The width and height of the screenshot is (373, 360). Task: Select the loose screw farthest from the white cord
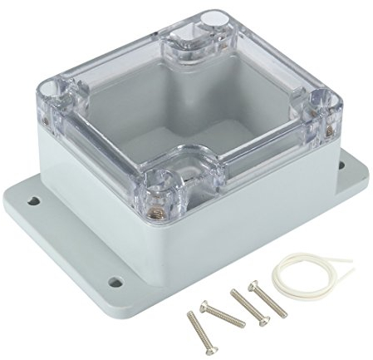201,328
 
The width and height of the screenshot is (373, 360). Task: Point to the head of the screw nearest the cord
253,287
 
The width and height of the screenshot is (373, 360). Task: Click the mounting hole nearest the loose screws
115,282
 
